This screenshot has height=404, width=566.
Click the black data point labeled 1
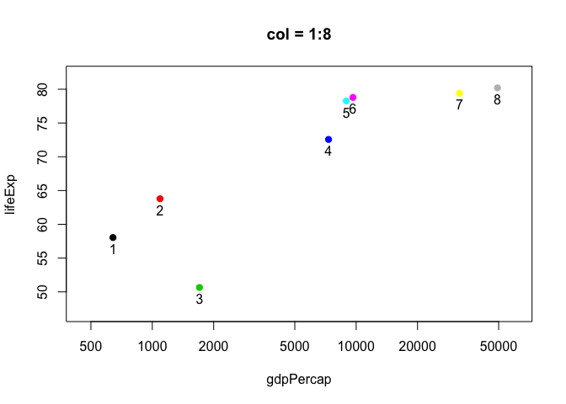pos(113,237)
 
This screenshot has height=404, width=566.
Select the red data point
pos(160,199)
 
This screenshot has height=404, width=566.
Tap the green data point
pos(199,288)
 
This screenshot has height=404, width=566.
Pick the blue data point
pos(328,140)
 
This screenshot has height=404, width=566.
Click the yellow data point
pos(459,93)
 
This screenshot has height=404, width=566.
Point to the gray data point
pos(498,88)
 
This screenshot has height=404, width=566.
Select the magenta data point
pos(353,98)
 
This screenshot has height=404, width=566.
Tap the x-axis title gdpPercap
pos(298,380)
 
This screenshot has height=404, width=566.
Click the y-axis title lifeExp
pos(11,194)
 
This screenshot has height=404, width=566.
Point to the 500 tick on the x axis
pos(91,345)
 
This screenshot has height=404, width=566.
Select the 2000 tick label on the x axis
pos(214,345)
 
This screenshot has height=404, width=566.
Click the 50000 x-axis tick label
pos(498,345)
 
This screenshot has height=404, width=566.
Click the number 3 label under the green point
pos(200,300)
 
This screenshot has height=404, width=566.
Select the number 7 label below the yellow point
pos(459,105)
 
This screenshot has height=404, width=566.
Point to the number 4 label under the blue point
pos(328,151)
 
